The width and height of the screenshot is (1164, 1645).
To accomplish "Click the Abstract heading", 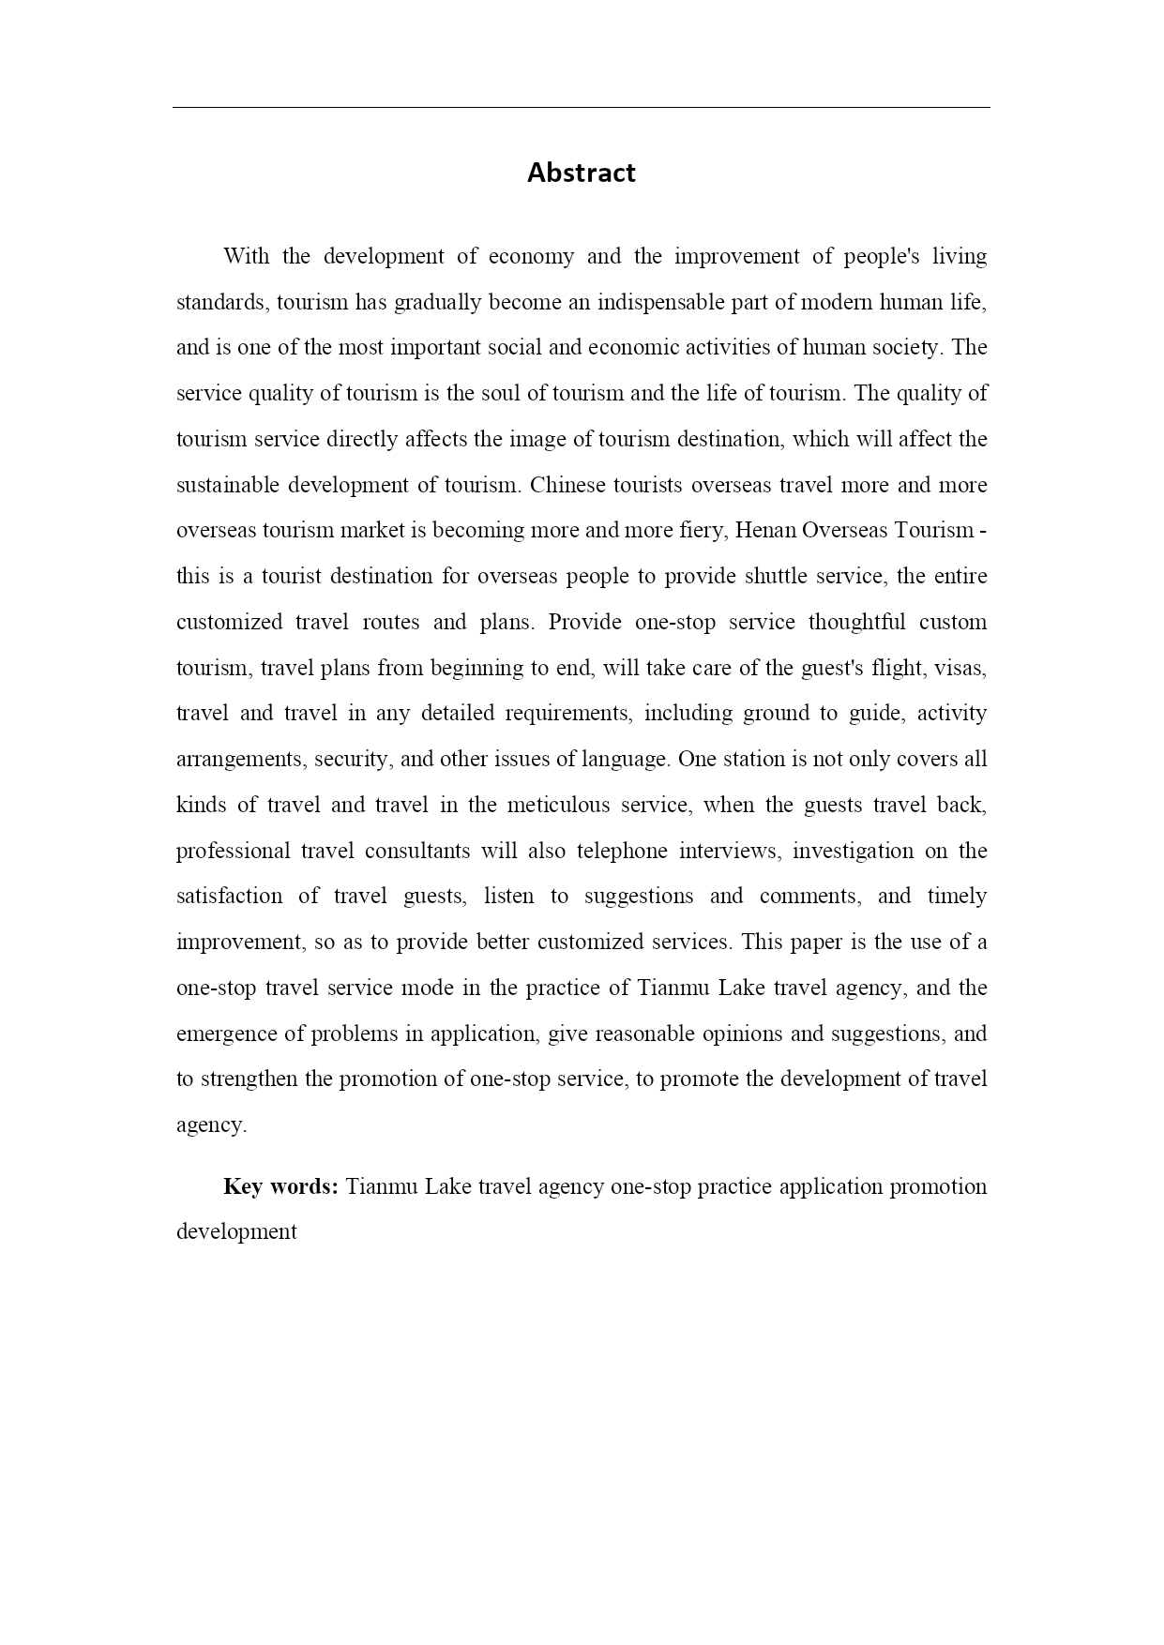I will pyautogui.click(x=581, y=174).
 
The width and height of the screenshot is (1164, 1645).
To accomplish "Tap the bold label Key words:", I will pyautogui.click(x=280, y=1186).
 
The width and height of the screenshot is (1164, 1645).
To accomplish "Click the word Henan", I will pyautogui.click(x=765, y=531).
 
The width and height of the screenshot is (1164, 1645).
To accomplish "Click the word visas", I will pyautogui.click(x=960, y=668).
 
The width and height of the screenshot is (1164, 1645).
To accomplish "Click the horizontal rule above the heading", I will pyautogui.click(x=581, y=108).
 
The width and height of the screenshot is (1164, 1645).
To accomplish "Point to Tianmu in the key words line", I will pyautogui.click(x=381, y=1186).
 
